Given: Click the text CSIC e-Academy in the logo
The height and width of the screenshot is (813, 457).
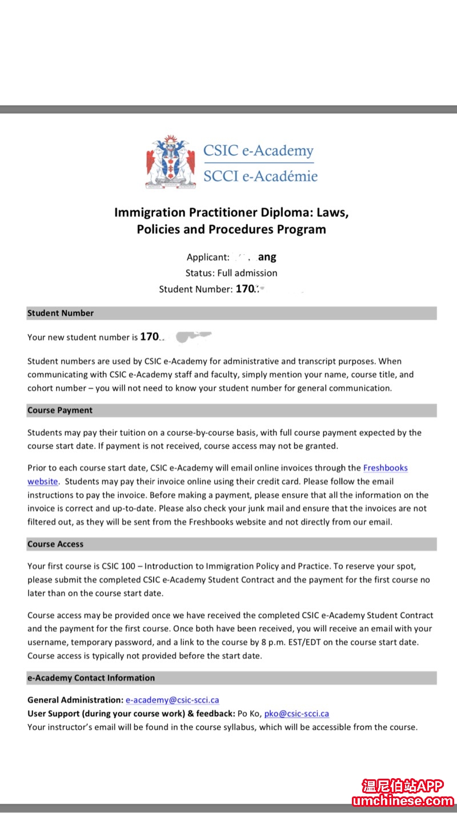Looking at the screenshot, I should click(x=258, y=151).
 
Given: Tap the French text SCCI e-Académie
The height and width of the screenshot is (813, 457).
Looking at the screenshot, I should click(x=260, y=176).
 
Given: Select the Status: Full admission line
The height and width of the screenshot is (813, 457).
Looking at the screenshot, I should click(x=231, y=273).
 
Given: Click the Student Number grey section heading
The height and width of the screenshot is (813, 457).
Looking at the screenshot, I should click(x=61, y=313).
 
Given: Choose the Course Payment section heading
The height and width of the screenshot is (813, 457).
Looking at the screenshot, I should click(x=60, y=410).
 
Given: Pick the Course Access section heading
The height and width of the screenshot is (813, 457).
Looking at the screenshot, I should click(x=55, y=544).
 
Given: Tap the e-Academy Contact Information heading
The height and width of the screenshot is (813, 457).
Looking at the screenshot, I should click(x=91, y=678).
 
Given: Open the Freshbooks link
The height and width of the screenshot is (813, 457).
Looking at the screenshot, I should click(x=386, y=468).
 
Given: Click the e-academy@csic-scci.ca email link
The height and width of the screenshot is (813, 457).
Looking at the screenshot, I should click(x=173, y=700).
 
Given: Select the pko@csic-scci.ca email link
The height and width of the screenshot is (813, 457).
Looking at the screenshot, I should click(x=296, y=714).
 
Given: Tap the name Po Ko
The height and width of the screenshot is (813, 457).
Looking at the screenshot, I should click(x=248, y=714).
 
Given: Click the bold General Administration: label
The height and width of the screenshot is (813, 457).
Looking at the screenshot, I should click(x=75, y=700).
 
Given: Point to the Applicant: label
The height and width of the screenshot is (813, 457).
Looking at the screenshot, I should click(x=208, y=257).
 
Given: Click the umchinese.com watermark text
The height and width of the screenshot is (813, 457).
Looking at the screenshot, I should click(x=403, y=801).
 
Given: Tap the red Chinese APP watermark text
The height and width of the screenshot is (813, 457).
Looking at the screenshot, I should click(x=403, y=786).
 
